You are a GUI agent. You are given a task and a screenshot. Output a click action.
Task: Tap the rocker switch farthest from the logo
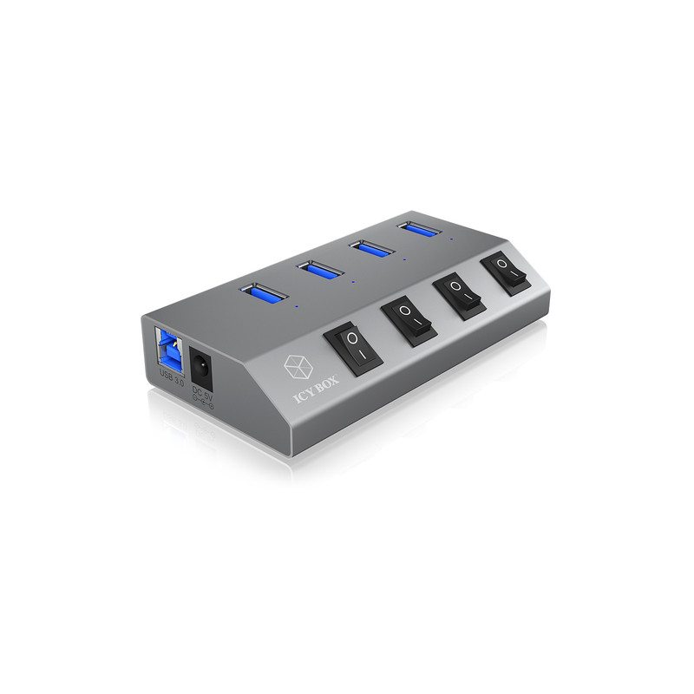coord(507,272)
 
